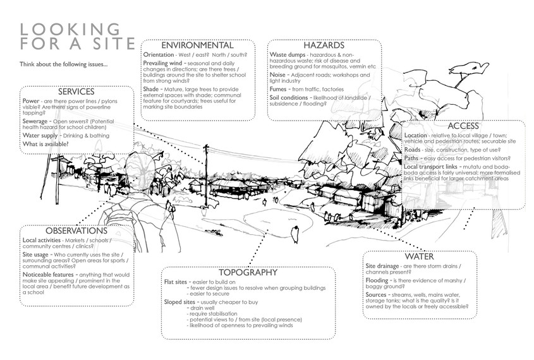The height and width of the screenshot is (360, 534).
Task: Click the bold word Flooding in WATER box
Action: pyautogui.click(x=378, y=280)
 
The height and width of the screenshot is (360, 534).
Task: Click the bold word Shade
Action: pyautogui.click(x=154, y=90)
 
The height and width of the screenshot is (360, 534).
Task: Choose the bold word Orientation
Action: pyautogui.click(x=162, y=55)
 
